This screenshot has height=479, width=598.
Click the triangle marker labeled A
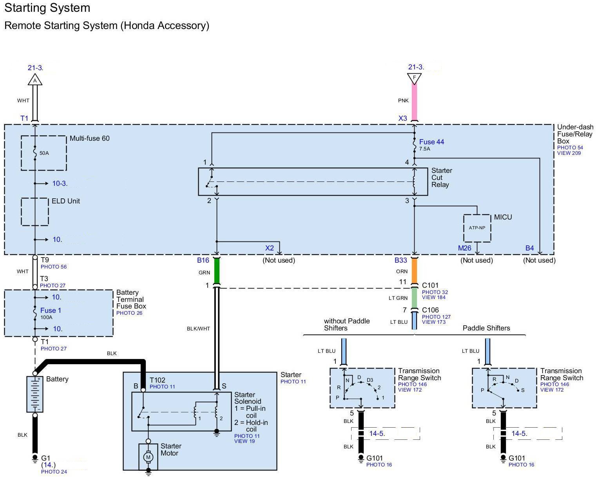point(35,80)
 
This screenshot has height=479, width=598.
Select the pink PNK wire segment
point(414,102)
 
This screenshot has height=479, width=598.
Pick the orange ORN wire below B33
point(414,270)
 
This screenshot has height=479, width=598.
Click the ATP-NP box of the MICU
point(477,228)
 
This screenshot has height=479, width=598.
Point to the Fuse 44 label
point(431,142)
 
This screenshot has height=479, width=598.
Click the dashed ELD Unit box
point(35,212)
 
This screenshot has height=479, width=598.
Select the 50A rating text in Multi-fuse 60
point(44,153)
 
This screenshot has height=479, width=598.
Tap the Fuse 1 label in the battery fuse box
point(51,310)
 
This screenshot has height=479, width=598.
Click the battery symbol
point(35,394)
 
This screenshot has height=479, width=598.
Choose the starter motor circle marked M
point(148,457)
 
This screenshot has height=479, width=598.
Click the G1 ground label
point(45,458)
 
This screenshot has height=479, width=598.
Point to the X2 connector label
point(269,248)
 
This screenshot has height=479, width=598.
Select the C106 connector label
point(430,310)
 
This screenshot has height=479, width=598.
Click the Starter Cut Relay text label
point(442,178)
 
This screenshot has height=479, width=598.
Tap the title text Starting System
point(47,8)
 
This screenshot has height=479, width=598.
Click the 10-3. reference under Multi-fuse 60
point(60,183)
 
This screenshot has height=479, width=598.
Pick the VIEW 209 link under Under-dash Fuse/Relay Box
point(569,153)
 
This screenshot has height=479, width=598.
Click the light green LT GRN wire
point(414,298)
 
